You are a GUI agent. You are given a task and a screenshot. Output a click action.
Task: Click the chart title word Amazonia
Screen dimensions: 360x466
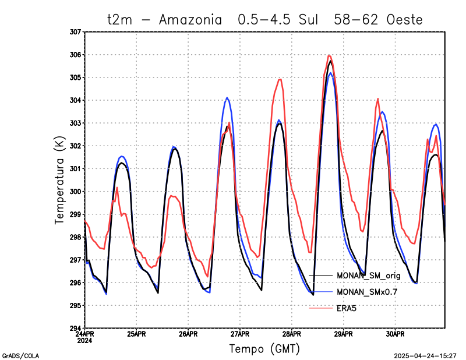tap(190, 19)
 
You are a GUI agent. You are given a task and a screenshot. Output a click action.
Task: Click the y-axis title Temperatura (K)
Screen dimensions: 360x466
tap(59, 180)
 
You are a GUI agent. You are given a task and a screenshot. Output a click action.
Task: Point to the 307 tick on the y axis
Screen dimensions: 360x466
tap(75, 32)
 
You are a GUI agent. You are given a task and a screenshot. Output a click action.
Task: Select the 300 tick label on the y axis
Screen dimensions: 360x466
tap(75, 192)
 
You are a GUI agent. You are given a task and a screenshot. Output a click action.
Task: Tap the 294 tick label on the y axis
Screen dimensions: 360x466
tap(75, 329)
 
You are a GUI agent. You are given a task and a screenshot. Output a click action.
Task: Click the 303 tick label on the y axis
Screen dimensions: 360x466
tap(75, 123)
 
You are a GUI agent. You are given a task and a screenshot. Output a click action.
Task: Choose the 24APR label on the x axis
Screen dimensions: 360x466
tap(85, 334)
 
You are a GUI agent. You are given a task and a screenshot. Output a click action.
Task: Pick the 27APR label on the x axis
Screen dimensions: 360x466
tap(240, 334)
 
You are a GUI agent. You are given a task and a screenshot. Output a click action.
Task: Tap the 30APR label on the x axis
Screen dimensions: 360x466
tap(395, 334)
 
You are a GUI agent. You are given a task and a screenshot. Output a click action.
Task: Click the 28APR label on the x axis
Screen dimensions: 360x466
tap(292, 334)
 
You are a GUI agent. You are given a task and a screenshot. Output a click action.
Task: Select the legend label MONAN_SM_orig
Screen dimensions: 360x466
tap(368, 275)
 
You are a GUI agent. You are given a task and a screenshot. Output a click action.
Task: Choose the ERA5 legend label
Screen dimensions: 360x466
tap(347, 307)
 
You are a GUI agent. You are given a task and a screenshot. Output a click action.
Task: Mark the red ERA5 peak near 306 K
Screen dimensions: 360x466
tap(330, 56)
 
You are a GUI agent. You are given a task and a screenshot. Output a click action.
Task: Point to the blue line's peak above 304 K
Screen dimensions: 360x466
tap(227, 98)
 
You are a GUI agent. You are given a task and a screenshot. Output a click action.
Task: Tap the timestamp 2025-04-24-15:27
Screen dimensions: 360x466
tap(425, 355)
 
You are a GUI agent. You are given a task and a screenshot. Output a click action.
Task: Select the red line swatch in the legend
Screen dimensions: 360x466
tap(320, 307)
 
